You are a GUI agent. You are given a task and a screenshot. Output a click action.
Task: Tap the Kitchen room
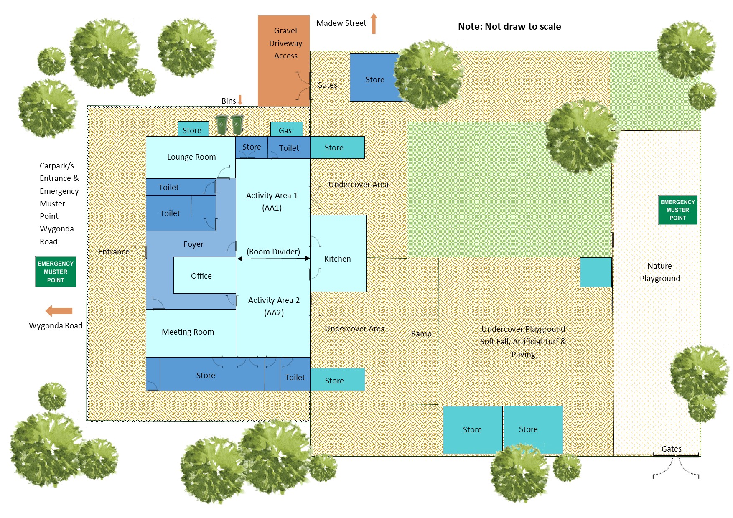338,259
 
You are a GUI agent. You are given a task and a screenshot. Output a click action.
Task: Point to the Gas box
286,130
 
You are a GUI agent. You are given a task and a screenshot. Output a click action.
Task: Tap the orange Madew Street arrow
374,23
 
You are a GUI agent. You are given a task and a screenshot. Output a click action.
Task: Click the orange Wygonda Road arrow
59,311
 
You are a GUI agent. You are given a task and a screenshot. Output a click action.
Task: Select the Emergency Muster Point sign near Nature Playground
677,210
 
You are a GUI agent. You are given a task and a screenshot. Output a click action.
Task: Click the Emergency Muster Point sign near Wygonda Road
56,272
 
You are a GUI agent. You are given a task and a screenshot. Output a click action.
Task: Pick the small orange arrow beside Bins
240,100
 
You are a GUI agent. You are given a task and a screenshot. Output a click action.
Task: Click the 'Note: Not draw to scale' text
509,27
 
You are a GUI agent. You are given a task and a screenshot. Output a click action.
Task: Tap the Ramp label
421,333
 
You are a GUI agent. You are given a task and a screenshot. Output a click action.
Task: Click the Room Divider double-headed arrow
273,259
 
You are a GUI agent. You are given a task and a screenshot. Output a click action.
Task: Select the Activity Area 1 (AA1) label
272,201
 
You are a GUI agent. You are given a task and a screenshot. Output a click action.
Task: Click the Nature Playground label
659,272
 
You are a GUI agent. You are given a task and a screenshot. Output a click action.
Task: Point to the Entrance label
114,251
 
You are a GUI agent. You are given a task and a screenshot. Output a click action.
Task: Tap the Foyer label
193,244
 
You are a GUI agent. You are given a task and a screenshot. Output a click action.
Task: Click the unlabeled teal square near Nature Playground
596,272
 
